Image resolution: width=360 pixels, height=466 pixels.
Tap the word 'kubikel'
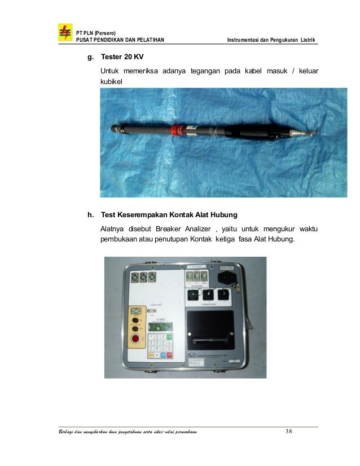tap(111, 82)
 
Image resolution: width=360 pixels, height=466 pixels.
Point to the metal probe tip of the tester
tap(307, 134)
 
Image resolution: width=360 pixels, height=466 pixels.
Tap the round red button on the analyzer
tap(135, 340)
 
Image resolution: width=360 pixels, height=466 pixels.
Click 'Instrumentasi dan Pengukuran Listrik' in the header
tap(271, 39)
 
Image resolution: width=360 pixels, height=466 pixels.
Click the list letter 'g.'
tap(89, 58)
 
